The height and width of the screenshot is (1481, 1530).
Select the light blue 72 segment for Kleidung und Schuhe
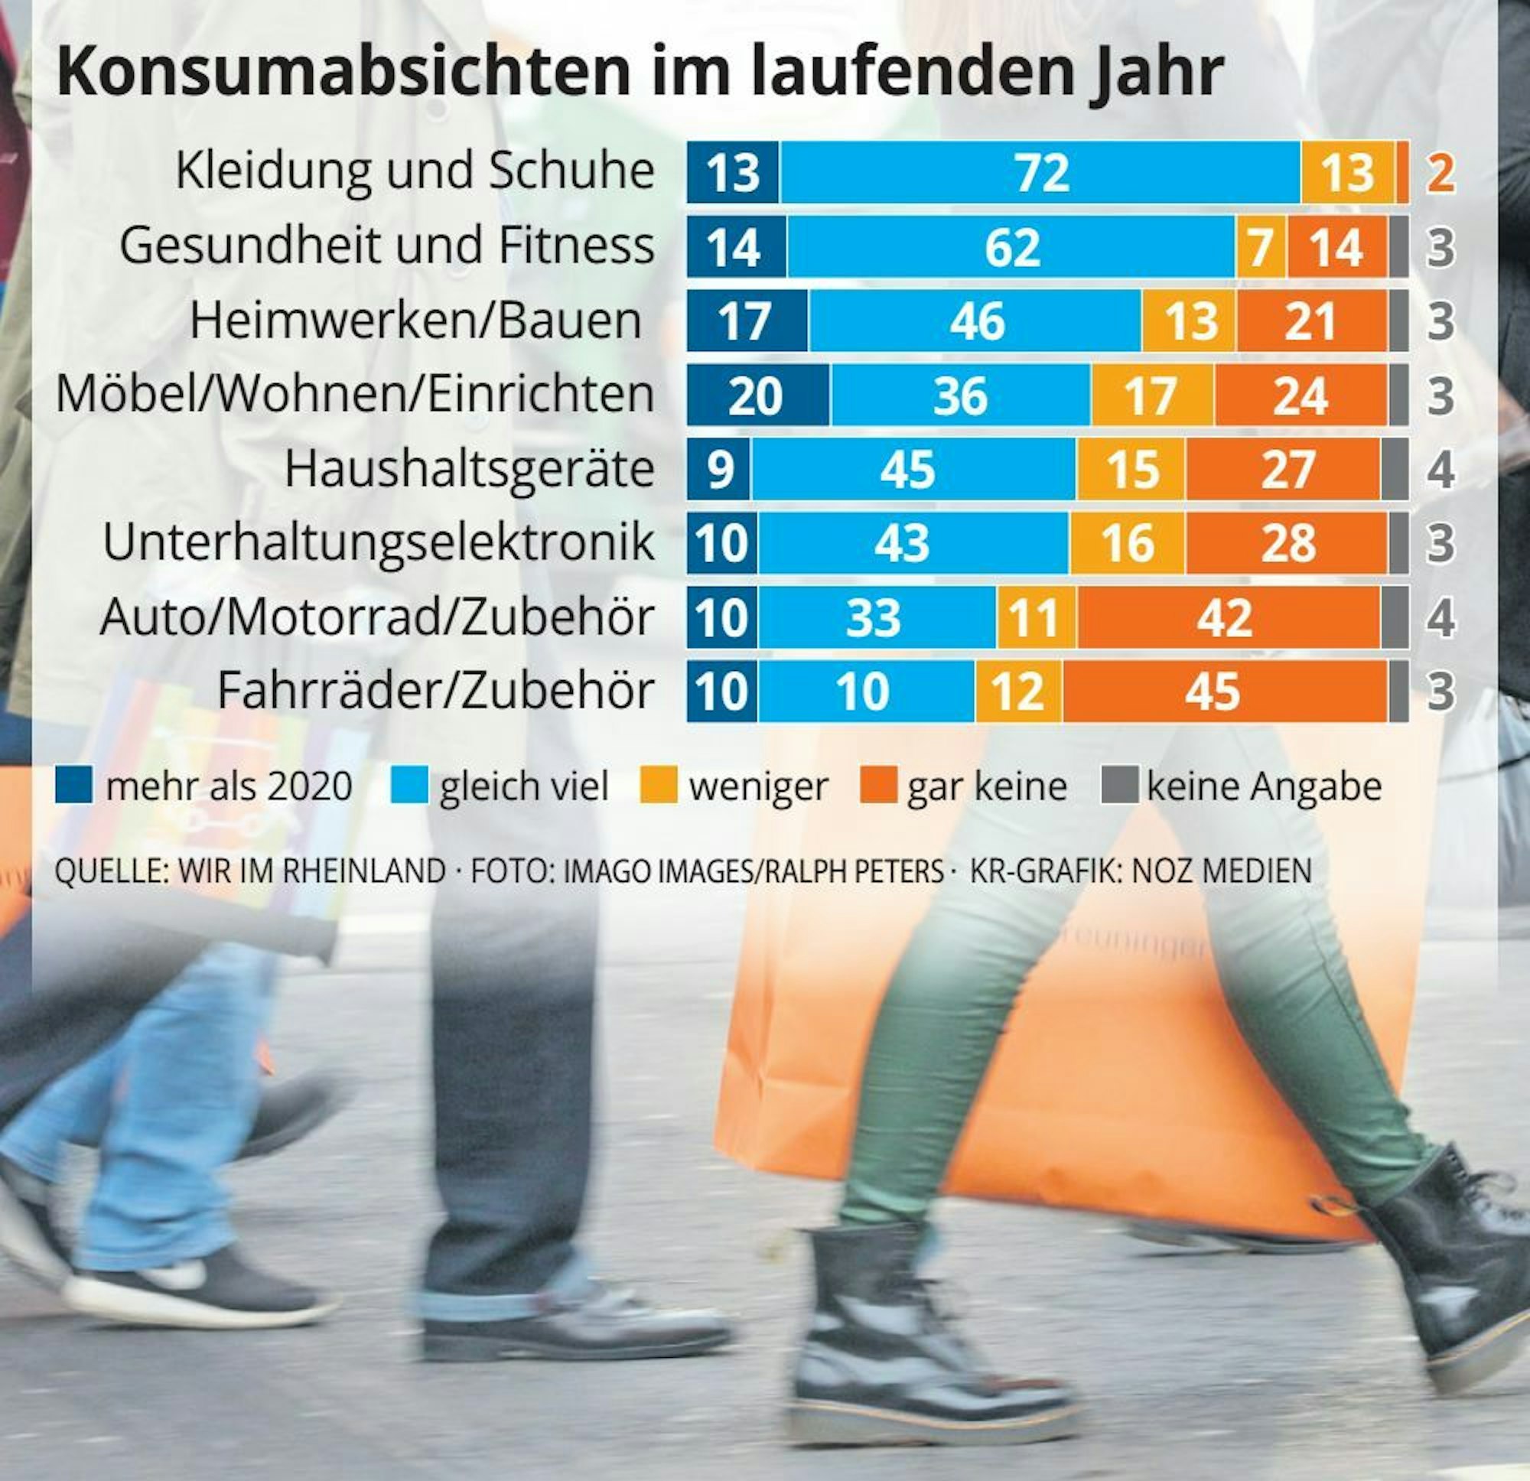click(x=1040, y=173)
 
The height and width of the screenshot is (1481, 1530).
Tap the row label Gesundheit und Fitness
click(x=387, y=246)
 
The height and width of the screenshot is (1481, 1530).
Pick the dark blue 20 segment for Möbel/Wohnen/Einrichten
click(x=757, y=395)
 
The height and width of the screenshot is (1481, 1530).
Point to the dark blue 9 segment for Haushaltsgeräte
click(x=718, y=469)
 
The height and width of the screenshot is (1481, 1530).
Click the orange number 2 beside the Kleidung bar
click(x=1441, y=173)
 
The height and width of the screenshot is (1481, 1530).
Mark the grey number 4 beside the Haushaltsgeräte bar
click(x=1441, y=469)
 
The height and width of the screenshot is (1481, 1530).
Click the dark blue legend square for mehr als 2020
click(x=74, y=785)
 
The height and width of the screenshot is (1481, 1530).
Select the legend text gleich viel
click(x=524, y=786)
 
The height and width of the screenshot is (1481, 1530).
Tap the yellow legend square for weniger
click(x=658, y=785)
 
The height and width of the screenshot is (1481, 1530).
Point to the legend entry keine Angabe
click(x=1264, y=786)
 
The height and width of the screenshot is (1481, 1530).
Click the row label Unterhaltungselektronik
click(x=379, y=542)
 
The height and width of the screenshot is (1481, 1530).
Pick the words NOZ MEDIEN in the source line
click(x=1222, y=871)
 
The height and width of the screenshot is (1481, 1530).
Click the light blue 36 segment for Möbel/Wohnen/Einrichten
click(x=960, y=395)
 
